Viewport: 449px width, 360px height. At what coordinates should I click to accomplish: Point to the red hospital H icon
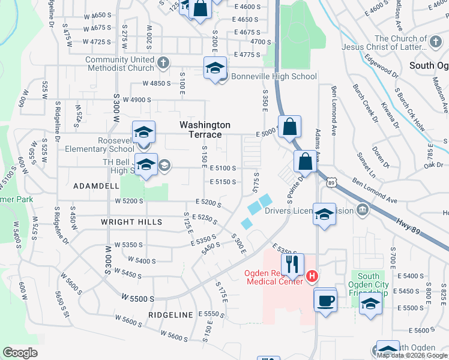(x=312, y=276)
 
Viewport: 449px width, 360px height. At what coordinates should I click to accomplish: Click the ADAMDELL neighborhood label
(x=96, y=187)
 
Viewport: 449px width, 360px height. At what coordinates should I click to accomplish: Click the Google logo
(x=20, y=353)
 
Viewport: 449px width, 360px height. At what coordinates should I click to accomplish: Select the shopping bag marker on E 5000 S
(x=289, y=127)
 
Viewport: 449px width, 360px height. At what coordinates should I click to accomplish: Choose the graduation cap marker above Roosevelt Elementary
(x=144, y=132)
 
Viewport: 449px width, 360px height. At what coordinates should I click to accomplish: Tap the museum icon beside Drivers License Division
(x=362, y=211)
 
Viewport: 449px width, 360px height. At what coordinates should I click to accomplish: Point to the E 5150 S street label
(x=222, y=182)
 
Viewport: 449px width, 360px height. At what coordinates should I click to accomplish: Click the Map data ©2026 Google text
(x=412, y=355)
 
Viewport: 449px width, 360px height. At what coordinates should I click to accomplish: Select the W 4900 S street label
(x=134, y=100)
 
